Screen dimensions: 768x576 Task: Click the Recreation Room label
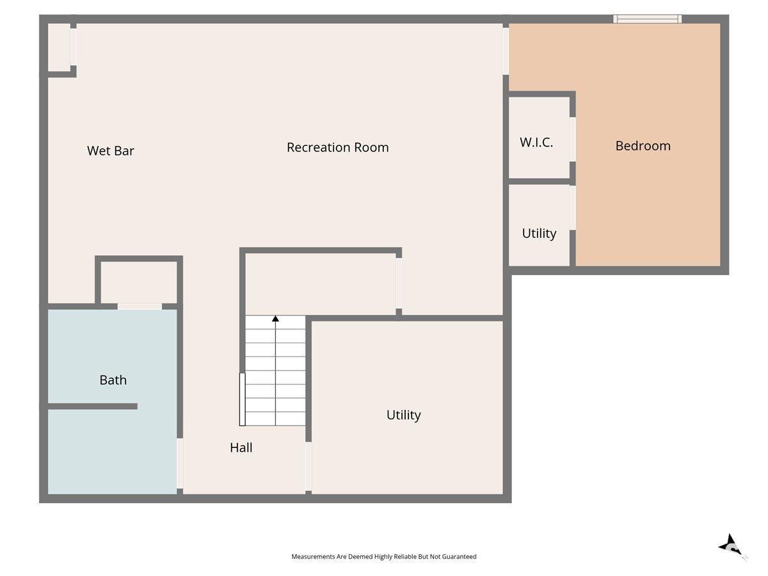point(338,147)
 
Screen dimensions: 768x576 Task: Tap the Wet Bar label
point(111,151)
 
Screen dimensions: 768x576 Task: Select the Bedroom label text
point(643,146)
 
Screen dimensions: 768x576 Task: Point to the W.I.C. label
point(536,142)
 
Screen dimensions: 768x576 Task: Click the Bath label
point(113,380)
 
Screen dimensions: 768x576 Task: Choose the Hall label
point(241,447)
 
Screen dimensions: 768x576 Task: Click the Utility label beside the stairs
point(403,415)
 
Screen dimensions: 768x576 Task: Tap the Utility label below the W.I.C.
point(539,234)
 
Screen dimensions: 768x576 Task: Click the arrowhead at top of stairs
point(275,319)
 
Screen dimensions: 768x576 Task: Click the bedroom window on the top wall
point(647,19)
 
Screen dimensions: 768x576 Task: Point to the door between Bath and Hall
point(180,463)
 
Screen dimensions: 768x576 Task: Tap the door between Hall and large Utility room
point(308,466)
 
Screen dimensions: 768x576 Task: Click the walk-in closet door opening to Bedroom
point(572,139)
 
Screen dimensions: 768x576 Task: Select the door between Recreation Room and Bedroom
point(506,51)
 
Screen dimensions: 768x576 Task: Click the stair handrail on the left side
point(242,399)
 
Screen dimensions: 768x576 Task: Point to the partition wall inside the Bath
point(92,406)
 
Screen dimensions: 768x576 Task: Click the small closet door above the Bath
point(140,307)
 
